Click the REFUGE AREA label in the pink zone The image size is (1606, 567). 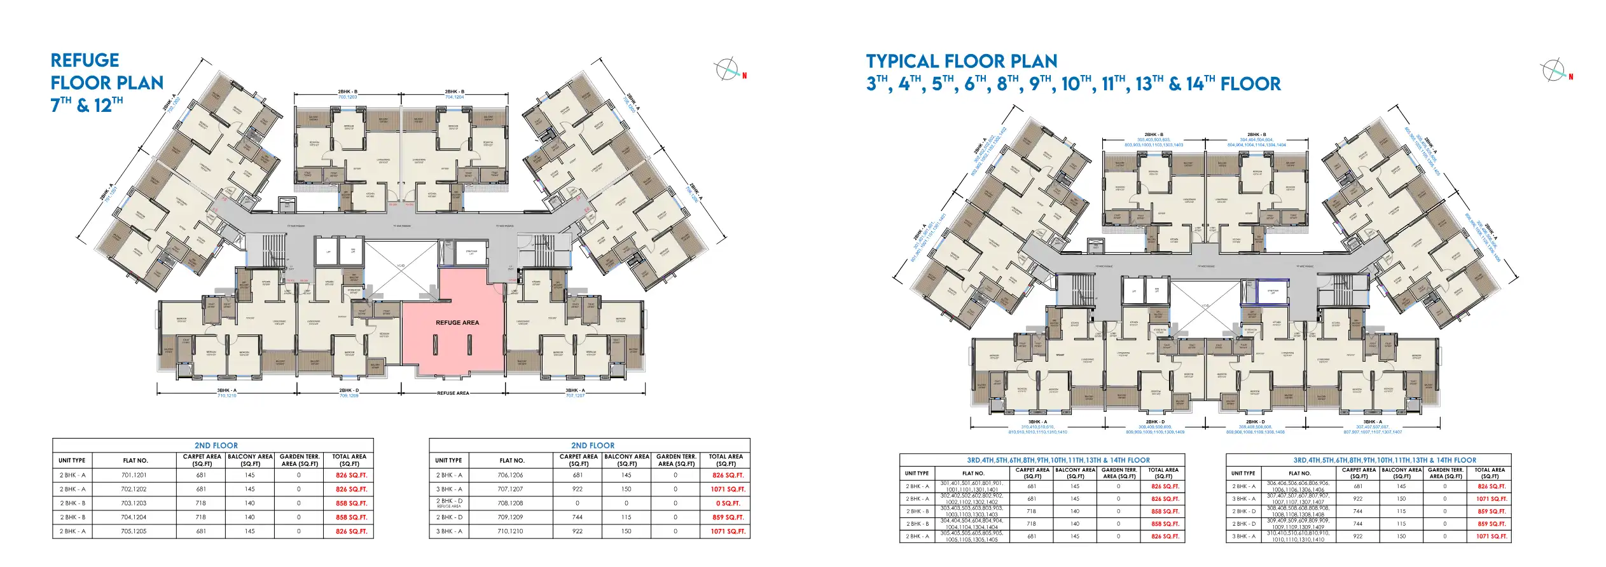[457, 322]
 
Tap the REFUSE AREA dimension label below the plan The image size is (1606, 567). [453, 393]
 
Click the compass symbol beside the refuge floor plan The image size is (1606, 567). [726, 69]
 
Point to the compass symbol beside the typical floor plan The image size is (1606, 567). [1553, 70]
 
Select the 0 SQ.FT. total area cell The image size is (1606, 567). [727, 503]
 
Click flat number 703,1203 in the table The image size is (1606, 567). [134, 503]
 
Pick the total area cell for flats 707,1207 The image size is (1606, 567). [727, 489]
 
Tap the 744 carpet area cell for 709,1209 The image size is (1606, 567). [577, 517]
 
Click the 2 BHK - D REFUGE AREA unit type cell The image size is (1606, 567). [449, 503]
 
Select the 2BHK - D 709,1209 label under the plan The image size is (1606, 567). [349, 393]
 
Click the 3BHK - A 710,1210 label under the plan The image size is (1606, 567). [226, 393]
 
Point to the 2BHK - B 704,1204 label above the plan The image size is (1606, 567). [454, 94]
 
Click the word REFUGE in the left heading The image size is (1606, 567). [85, 60]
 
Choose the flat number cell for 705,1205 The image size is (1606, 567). [134, 531]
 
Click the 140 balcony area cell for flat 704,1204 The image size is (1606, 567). [249, 517]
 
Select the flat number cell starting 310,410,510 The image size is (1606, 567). [1298, 536]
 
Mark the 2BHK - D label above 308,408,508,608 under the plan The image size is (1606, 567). [1255, 421]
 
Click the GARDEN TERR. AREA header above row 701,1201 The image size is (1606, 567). [300, 460]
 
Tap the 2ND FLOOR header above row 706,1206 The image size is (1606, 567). [592, 446]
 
